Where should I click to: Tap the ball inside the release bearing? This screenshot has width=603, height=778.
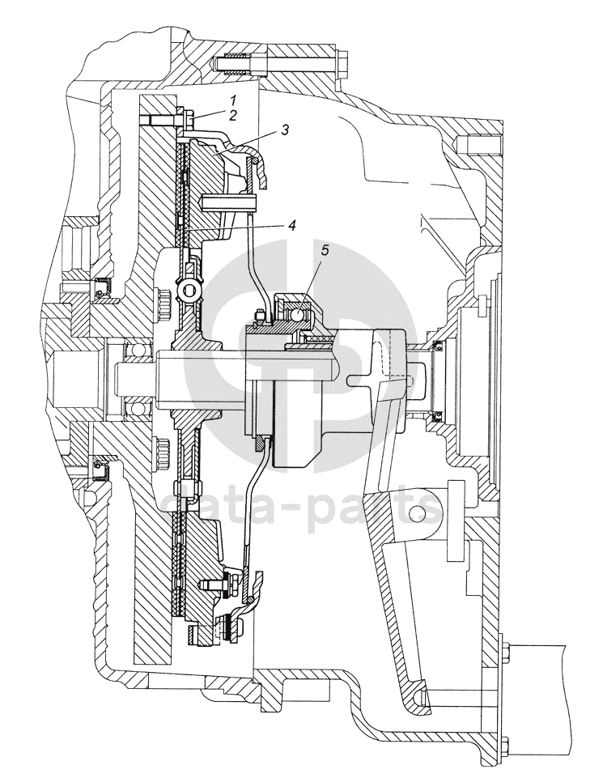pos(296,312)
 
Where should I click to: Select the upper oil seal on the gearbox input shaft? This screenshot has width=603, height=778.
pos(437,347)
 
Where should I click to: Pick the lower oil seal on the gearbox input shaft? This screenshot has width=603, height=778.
pos(437,416)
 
